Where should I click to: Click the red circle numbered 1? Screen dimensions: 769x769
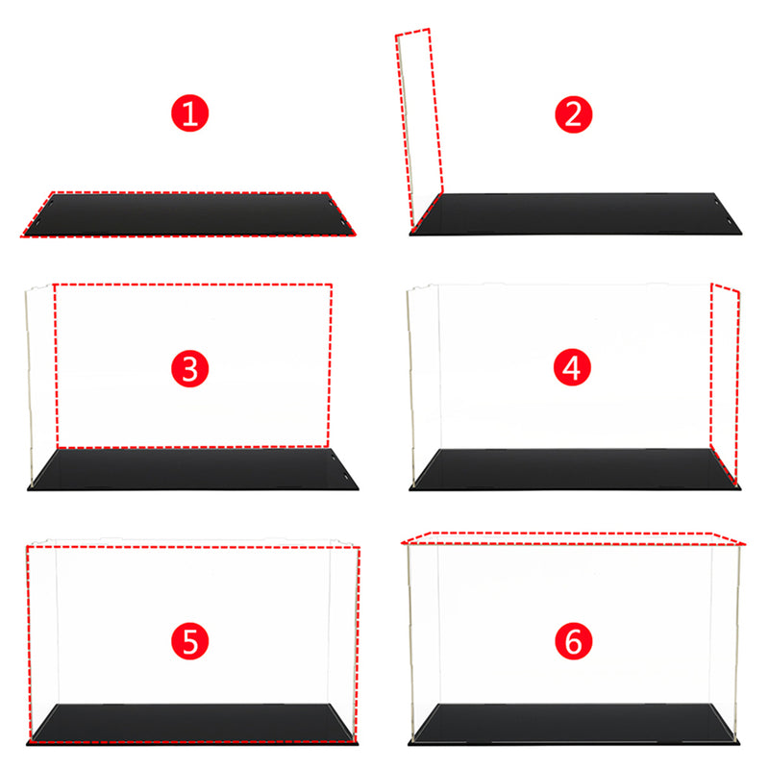click(189, 115)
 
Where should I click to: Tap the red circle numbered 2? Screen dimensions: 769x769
click(573, 115)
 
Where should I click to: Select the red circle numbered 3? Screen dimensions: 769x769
click(189, 368)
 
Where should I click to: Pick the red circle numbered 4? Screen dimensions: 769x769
click(573, 368)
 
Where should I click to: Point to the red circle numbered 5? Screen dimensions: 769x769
click(189, 641)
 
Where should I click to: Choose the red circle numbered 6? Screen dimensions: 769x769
click(573, 641)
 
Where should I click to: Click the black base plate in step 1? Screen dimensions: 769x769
click(187, 213)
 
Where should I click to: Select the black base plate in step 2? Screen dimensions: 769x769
click(577, 212)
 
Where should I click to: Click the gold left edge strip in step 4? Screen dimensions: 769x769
click(412, 384)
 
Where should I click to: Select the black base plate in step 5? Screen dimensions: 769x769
click(192, 723)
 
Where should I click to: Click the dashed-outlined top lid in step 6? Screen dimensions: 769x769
click(573, 536)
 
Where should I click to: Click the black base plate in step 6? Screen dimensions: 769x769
click(575, 723)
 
